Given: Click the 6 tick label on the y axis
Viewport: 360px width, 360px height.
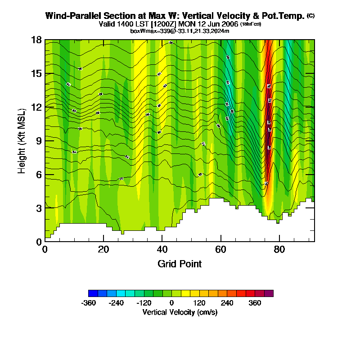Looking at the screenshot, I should pyautogui.click(x=39, y=174).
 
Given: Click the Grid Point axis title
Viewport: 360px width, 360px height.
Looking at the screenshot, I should pyautogui.click(x=180, y=264).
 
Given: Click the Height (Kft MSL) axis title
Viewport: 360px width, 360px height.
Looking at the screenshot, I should pyautogui.click(x=22, y=140).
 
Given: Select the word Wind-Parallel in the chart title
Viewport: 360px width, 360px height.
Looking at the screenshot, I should pyautogui.click(x=71, y=16).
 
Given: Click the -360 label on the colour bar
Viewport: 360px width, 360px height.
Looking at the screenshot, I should pyautogui.click(x=89, y=303).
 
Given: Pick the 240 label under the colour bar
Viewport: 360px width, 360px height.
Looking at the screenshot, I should pyautogui.click(x=227, y=303).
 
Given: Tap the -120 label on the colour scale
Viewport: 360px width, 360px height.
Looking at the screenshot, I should pyautogui.click(x=144, y=303).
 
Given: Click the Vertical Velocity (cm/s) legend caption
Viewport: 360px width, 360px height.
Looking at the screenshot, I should pyautogui.click(x=180, y=312).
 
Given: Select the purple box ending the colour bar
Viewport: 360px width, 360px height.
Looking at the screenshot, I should pyautogui.click(x=269, y=293).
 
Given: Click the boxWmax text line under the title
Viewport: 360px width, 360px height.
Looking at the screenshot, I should pyautogui.click(x=180, y=31).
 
